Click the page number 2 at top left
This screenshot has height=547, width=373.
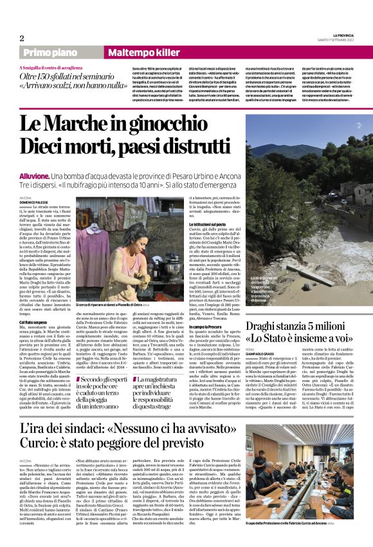tap(22, 39)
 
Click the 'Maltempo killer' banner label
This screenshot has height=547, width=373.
tap(134, 52)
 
